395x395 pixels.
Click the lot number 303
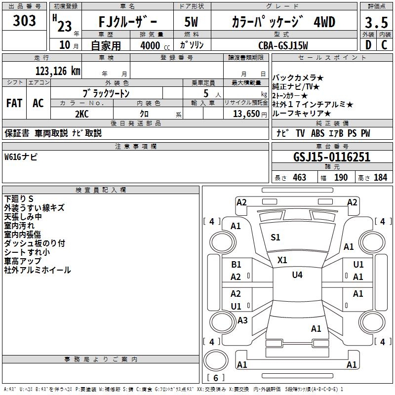25,21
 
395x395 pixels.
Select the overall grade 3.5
376,23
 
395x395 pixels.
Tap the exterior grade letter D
367,45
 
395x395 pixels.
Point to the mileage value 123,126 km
58,71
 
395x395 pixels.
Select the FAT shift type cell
14,103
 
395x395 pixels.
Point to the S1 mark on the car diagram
276,237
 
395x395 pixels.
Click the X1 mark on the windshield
282,260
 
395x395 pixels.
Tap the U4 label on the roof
297,275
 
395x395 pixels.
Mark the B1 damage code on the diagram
236,265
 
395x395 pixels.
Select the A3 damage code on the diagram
242,320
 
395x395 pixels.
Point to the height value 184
381,178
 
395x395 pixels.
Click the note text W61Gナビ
21,157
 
